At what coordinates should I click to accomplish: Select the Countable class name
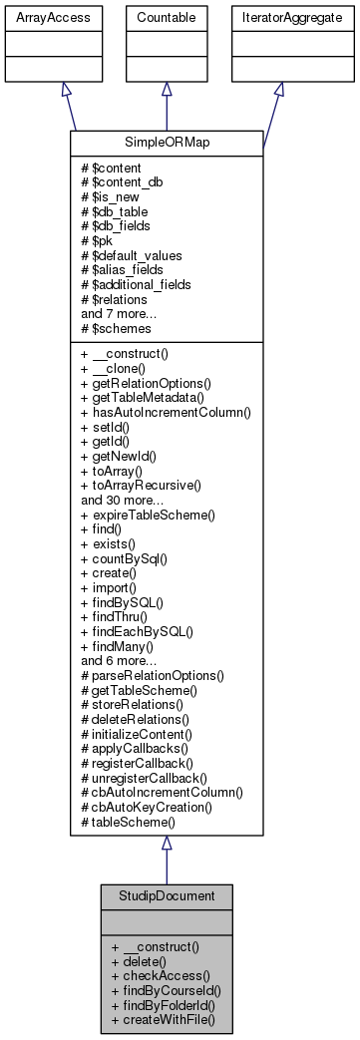pyautogui.click(x=166, y=17)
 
